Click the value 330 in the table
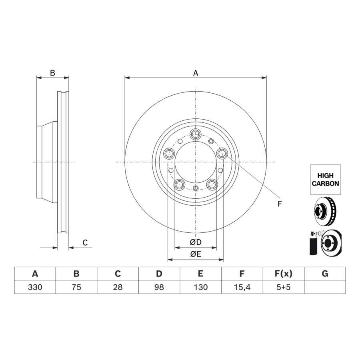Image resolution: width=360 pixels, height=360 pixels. (35, 287)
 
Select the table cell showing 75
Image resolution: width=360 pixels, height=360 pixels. (76, 287)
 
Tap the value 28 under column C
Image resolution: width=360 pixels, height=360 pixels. (118, 287)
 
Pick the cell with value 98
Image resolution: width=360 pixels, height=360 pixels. (159, 287)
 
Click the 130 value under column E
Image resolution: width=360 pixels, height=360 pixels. (201, 287)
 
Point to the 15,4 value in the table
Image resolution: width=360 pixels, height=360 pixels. (242, 287)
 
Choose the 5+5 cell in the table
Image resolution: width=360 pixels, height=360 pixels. (284, 287)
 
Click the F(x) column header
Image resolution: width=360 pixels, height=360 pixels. (284, 274)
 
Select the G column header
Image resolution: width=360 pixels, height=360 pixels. (325, 274)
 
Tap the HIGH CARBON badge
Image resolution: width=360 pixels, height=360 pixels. (326, 180)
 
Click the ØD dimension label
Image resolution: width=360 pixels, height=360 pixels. (196, 242)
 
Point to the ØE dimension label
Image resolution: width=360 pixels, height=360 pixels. (196, 254)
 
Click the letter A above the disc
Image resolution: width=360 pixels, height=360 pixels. (195, 73)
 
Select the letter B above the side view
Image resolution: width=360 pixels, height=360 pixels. (52, 73)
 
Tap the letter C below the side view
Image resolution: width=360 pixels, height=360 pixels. (85, 242)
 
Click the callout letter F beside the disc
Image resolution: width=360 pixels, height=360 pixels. (280, 204)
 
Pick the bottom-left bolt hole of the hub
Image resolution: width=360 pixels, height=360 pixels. (179, 184)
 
